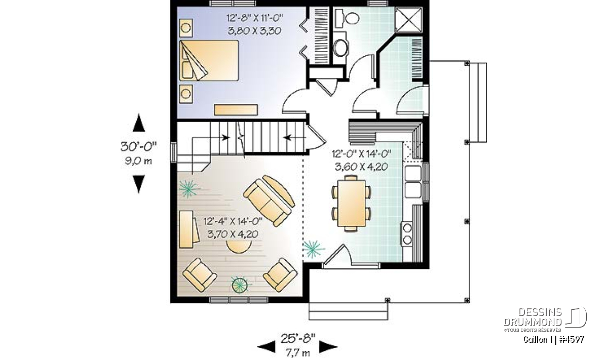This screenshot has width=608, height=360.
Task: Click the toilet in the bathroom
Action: point(347,18)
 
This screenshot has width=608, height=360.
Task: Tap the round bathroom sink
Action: point(340,48)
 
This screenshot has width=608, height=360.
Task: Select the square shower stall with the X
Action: point(408,20)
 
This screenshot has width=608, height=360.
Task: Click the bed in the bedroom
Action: point(209,60)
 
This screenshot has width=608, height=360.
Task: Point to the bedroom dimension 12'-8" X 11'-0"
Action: point(254,18)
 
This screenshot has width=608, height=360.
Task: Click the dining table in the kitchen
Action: point(351,204)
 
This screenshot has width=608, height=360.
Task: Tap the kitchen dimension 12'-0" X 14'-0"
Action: point(361,154)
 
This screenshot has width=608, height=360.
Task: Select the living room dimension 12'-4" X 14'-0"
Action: point(233,222)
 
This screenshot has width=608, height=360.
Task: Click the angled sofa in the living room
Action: point(269,201)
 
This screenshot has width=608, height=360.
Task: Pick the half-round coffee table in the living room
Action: point(239,247)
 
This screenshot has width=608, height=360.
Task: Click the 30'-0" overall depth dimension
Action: point(138,147)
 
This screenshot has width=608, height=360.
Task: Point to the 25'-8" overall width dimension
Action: point(298,339)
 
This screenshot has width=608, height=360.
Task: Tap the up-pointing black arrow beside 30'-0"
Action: point(139,123)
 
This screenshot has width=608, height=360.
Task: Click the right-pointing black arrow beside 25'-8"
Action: point(328,347)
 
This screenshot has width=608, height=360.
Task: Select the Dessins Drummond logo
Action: point(545,319)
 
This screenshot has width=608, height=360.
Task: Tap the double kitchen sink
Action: point(413,182)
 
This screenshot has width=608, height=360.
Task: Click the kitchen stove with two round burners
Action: point(407,234)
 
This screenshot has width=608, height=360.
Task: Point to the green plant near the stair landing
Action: point(189,188)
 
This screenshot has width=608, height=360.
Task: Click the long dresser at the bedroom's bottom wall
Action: point(236,109)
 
